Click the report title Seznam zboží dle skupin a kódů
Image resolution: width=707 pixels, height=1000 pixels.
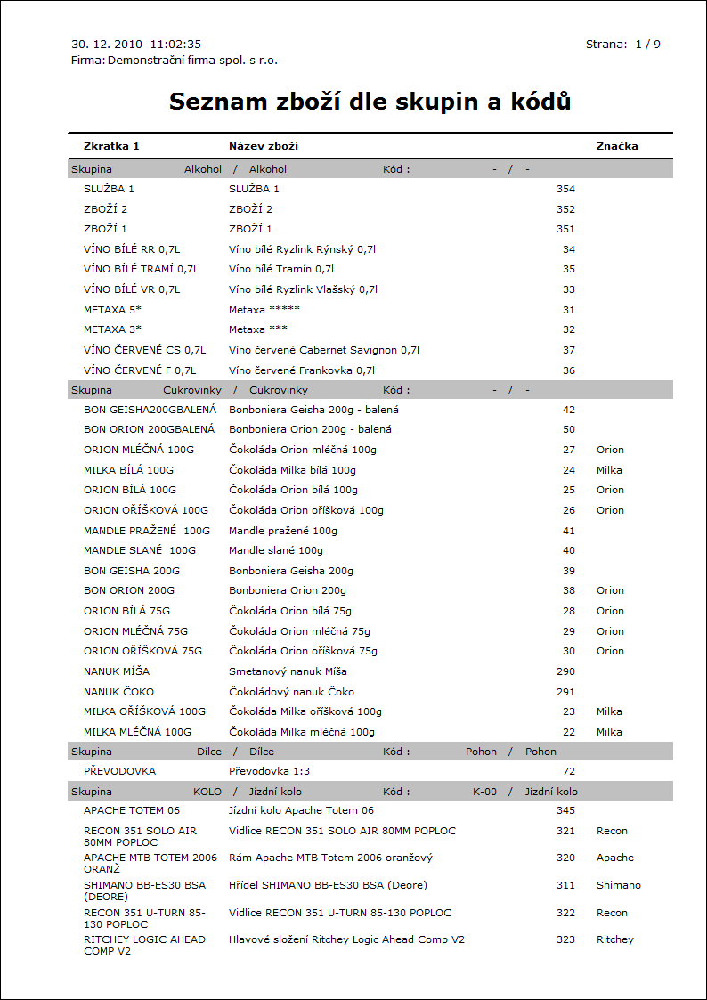pos(370,102)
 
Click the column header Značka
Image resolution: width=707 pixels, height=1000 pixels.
pos(617,146)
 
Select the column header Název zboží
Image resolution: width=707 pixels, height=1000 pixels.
pos(263,146)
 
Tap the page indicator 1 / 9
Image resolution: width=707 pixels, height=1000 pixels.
pos(647,44)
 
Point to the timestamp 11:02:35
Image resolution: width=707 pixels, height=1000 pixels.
pos(176,44)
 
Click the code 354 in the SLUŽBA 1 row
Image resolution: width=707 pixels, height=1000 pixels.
pos(565,189)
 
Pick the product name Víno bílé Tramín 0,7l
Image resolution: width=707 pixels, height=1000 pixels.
pos(281,269)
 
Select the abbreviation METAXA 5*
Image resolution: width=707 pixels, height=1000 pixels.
pos(113,309)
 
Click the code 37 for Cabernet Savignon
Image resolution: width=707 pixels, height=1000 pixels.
pos(569,350)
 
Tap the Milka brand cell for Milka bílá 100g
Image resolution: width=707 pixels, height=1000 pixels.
pos(609,470)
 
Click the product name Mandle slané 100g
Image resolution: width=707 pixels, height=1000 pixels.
pos(276,550)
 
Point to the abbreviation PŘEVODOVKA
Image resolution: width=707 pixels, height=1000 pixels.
pos(119,771)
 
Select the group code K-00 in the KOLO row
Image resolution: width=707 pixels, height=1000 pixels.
pos(484,792)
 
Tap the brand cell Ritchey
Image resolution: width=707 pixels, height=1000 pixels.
pos(614,939)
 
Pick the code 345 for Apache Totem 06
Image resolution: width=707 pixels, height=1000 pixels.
pos(565,810)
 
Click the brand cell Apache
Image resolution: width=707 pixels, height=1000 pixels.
pos(614,858)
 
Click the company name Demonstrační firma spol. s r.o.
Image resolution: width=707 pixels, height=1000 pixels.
pos(192,61)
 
